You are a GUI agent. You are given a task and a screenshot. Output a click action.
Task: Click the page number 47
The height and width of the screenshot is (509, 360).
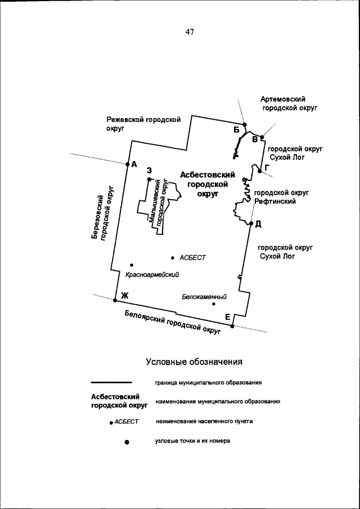click(189, 32)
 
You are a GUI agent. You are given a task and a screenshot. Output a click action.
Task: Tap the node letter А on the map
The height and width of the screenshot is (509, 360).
click(134, 165)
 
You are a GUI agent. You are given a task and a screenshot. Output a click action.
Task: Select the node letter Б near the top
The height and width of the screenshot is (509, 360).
click(237, 130)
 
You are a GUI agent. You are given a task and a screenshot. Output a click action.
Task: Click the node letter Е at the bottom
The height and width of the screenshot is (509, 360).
click(228, 318)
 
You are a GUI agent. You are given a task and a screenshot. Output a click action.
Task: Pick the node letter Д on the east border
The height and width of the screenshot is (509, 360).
click(258, 224)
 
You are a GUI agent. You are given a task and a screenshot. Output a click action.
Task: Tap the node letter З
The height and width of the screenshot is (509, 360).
click(149, 170)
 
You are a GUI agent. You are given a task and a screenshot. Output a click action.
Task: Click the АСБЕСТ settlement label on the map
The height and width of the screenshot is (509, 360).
click(193, 258)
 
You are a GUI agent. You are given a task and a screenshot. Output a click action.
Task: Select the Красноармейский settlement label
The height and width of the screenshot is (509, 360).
click(152, 274)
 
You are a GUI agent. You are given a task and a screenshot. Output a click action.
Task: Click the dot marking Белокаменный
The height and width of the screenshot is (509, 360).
click(213, 304)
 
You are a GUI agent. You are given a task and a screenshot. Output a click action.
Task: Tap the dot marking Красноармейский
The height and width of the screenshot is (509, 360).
click(131, 265)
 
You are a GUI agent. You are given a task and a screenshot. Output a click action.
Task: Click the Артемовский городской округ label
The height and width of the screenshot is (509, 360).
click(290, 103)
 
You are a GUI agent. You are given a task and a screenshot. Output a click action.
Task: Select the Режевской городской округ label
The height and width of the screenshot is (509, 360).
click(143, 124)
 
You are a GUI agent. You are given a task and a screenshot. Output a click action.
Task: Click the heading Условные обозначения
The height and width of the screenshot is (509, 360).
click(193, 361)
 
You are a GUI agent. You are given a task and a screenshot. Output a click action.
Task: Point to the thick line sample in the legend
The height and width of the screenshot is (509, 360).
click(115, 383)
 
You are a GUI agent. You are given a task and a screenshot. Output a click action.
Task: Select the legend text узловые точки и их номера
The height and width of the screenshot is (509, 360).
click(192, 442)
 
